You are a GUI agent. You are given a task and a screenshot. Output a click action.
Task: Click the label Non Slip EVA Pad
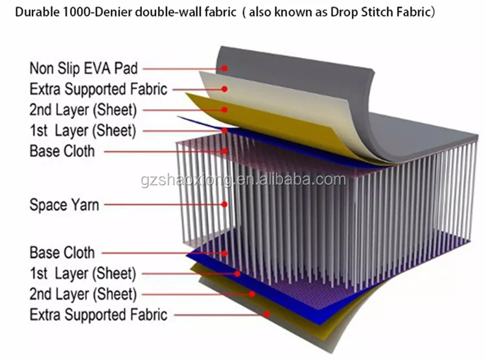(x=84, y=67)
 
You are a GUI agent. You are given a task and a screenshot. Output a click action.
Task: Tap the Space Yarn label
(x=64, y=205)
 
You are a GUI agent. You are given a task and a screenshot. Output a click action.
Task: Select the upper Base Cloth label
(x=62, y=151)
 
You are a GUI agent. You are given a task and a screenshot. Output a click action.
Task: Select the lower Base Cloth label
(x=62, y=252)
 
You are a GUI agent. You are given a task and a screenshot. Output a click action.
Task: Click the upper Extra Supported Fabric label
(x=98, y=89)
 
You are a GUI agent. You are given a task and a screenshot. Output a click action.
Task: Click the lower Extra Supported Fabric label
(x=98, y=315)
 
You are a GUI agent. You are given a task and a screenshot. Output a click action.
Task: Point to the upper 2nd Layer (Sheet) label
(x=83, y=110)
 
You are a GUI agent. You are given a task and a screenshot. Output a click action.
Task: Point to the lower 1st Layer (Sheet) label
(x=83, y=273)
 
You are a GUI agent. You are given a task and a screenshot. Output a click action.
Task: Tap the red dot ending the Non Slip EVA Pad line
(x=224, y=67)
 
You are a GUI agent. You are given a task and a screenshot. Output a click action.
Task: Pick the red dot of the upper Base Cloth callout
(x=225, y=151)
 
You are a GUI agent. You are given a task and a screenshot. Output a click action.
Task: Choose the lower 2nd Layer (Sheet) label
(x=83, y=294)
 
